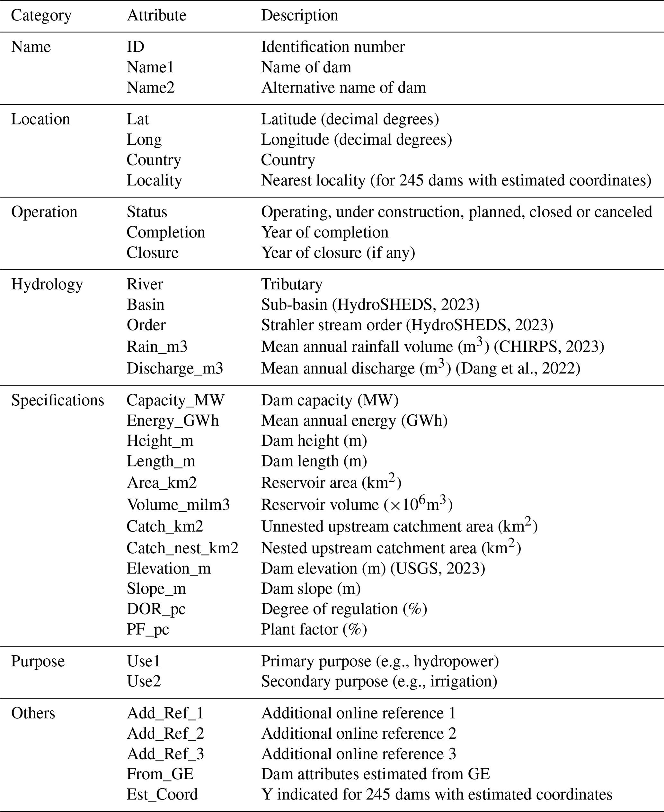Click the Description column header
(299, 16)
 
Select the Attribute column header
(156, 16)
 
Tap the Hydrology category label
(47, 284)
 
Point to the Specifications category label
(58, 400)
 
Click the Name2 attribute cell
(150, 88)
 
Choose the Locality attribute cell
(154, 181)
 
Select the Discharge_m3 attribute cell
(175, 368)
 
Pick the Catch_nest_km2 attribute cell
(182, 548)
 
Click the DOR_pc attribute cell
(156, 609)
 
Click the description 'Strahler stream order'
(331, 325)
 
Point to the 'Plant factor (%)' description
(314, 629)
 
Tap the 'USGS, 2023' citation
(437, 569)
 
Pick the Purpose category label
(38, 661)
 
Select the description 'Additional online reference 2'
(359, 734)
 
